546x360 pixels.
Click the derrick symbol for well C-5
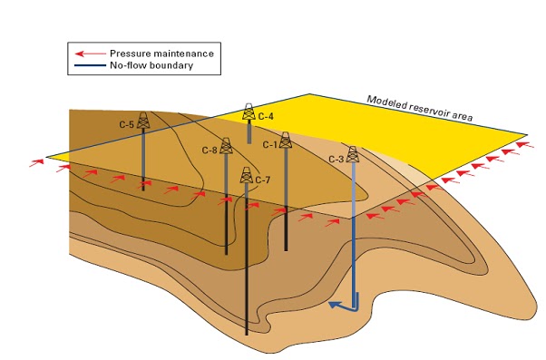142,120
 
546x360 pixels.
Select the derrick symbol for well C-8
226,147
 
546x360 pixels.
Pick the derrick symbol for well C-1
286,141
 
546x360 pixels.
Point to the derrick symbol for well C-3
353,155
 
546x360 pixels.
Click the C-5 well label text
126,123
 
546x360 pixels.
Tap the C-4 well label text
266,116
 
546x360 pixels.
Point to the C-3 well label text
336,160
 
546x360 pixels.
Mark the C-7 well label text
263,180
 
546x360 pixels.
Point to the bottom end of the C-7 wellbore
247,336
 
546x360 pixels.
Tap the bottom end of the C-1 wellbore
286,249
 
